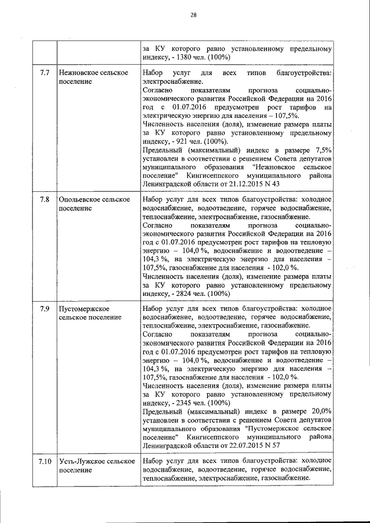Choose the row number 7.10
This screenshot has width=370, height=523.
pos(45,462)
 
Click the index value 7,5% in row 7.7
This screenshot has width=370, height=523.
pos(323,150)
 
